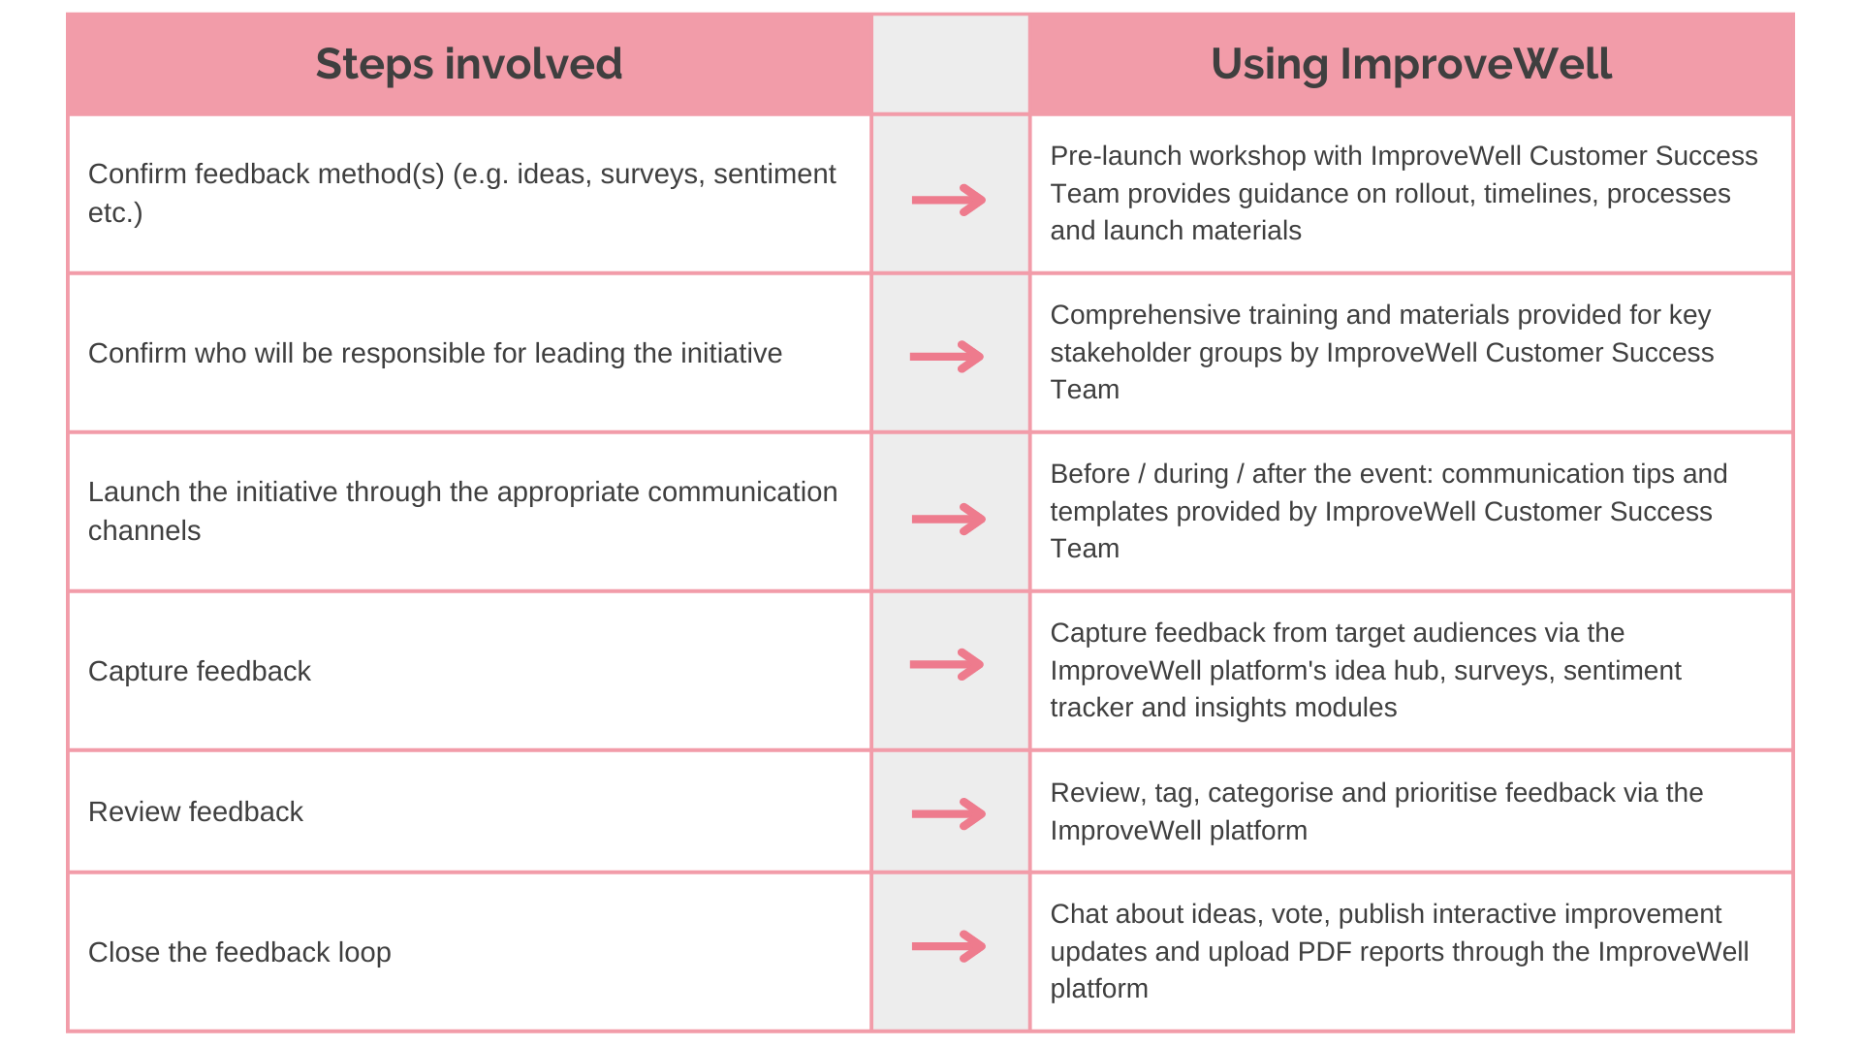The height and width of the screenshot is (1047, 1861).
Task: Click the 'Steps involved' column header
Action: point(469,65)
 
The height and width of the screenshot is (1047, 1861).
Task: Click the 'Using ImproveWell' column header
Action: point(1411,65)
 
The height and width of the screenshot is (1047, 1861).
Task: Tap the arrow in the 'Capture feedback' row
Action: point(947,665)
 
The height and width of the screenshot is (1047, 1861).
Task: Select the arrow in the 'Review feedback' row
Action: point(949,813)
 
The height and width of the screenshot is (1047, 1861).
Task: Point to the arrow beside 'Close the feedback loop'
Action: point(949,946)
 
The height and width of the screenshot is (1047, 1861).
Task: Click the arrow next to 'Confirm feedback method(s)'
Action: point(949,201)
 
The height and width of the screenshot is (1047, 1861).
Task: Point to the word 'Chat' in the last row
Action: point(1078,914)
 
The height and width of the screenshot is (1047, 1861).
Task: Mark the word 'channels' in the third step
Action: point(144,531)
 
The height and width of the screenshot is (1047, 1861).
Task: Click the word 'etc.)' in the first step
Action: point(115,213)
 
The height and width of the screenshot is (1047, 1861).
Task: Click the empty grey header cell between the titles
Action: point(950,65)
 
